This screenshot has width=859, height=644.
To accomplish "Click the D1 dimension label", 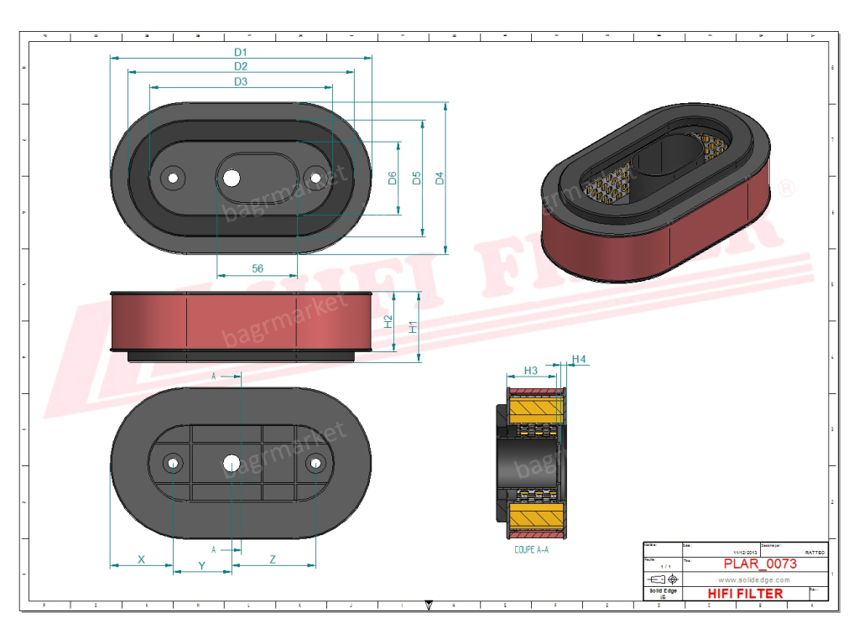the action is [x=241, y=52].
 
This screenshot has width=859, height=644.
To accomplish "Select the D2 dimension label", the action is [x=241, y=66].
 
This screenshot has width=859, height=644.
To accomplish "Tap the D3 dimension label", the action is [x=241, y=81].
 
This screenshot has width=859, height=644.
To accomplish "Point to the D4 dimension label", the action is [x=439, y=178].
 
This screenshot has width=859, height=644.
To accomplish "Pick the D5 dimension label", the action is [x=416, y=178].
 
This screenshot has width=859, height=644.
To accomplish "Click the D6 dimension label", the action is [x=392, y=178].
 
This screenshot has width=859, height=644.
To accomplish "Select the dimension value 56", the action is [x=258, y=267].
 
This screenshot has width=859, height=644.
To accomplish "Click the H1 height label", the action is [x=413, y=326].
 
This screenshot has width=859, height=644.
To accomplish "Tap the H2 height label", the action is [x=388, y=321].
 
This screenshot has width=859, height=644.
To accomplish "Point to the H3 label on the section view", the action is [x=530, y=370].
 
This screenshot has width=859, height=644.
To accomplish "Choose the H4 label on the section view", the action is [x=579, y=360].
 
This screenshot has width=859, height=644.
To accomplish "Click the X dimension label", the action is [x=141, y=558].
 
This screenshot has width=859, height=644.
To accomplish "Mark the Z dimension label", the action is [x=273, y=558].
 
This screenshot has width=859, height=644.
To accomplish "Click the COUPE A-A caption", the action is [x=531, y=550].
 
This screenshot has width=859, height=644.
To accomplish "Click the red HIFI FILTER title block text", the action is [x=746, y=594].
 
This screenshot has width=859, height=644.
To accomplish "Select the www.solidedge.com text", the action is [x=754, y=579].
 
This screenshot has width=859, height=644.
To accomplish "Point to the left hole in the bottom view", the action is [x=174, y=463].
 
